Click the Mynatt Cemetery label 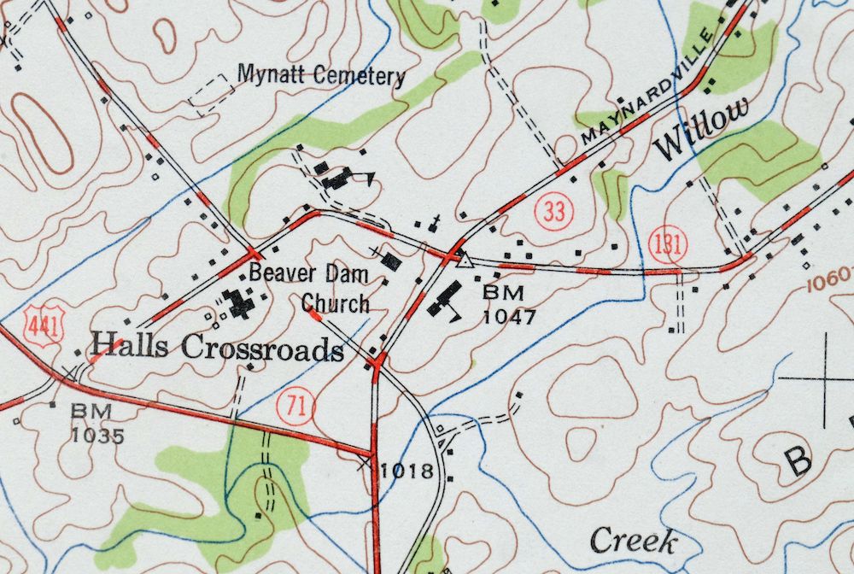pos(320,75)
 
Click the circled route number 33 pos(554,212)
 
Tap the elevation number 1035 pos(97,436)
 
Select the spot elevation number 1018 pos(407,470)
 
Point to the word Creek pos(634,541)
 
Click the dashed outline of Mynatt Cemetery pos(211,95)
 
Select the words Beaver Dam pos(309,275)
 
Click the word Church pos(336,303)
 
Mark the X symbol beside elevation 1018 pos(366,464)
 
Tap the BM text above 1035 pos(91,412)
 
